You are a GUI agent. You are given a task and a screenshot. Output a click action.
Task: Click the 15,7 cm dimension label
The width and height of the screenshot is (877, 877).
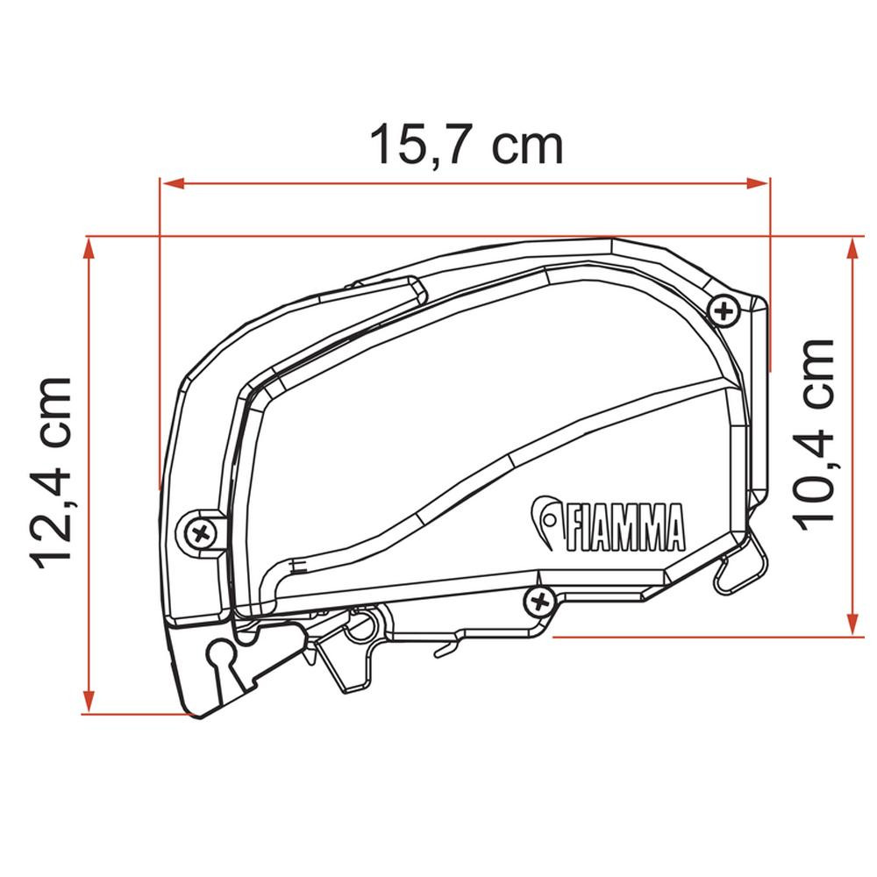coord(466,145)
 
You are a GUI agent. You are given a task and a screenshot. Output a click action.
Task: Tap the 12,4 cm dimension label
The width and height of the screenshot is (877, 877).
coord(52,474)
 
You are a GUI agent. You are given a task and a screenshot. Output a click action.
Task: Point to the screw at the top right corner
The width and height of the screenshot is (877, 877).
coord(724,310)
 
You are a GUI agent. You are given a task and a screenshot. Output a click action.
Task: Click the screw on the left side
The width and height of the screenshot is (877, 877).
coord(200,532)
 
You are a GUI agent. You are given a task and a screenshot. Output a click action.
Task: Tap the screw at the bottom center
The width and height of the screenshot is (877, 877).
coord(539,602)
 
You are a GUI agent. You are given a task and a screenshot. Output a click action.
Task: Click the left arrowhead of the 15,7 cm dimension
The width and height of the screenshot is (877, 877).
coord(172,183)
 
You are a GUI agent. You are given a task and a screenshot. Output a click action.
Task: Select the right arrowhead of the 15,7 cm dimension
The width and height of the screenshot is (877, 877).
coord(758,183)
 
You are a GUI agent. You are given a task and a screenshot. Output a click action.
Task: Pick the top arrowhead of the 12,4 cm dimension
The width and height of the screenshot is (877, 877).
coord(88,249)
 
